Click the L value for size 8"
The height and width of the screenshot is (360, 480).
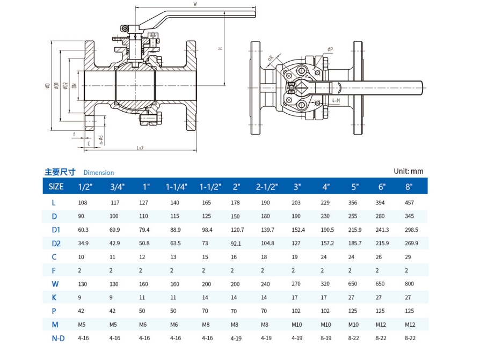410,203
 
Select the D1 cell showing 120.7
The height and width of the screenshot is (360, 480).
237,230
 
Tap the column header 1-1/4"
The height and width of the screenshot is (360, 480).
177,187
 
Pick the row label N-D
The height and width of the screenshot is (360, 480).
58,338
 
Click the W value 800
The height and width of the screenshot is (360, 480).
410,284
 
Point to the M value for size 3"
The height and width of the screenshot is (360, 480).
297,325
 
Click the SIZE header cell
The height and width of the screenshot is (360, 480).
56,187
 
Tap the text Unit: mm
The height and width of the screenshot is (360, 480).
408,171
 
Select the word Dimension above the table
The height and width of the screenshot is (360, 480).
99,173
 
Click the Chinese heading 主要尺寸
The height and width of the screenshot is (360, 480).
60,172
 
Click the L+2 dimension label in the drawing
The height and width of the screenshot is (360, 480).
140,148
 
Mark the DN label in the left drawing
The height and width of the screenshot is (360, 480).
75,85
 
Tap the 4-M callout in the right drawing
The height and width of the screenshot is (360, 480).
336,100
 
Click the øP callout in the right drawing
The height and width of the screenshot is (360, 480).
330,49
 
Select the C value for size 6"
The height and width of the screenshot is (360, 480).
381,257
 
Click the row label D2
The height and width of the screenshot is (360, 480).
56,244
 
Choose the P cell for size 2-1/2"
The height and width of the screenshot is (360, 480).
266,311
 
